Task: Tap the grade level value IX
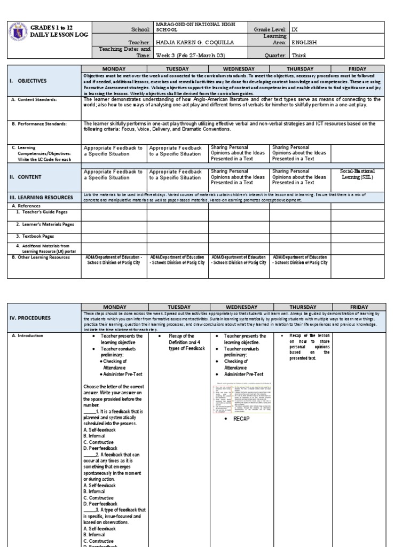coord(296,29)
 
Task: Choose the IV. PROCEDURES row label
coord(30,318)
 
